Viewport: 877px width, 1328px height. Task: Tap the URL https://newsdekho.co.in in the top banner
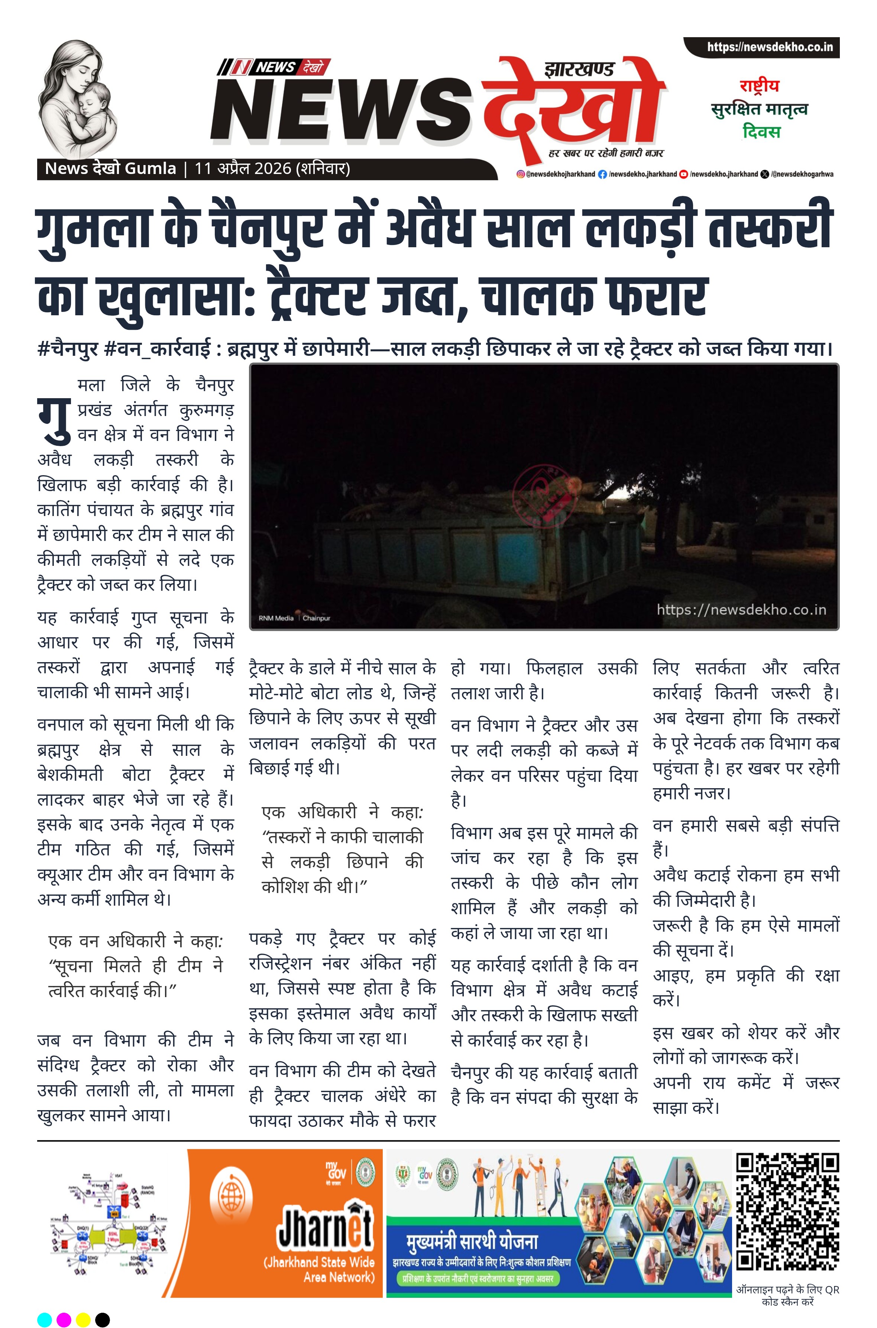770,47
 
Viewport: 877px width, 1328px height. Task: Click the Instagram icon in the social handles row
520,174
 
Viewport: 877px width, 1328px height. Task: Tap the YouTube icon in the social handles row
683,174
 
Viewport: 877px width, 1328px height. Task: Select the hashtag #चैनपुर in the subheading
68,349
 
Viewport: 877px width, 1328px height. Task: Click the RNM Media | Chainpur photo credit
294,618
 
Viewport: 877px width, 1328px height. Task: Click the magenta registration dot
64,1319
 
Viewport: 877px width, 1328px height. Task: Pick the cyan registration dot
45,1319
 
